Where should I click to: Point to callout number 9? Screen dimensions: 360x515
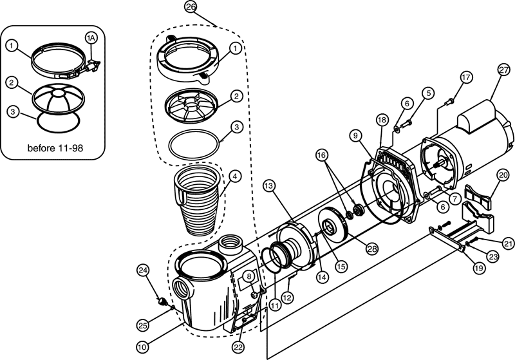(x=355, y=137)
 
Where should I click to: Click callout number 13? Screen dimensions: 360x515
(x=270, y=186)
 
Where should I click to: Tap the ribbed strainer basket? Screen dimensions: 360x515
(x=197, y=205)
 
